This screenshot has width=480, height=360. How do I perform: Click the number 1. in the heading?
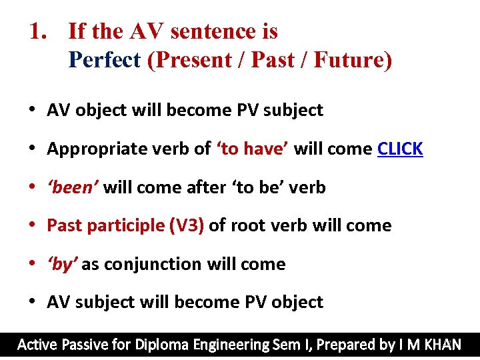[x=41, y=31]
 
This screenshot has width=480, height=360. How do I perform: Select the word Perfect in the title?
[x=105, y=60]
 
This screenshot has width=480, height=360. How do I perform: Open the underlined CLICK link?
[x=400, y=149]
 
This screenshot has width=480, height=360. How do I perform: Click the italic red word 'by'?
[x=62, y=264]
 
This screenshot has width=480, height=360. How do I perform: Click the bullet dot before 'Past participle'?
[x=32, y=225]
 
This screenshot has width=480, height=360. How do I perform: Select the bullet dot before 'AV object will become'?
[x=32, y=110]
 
